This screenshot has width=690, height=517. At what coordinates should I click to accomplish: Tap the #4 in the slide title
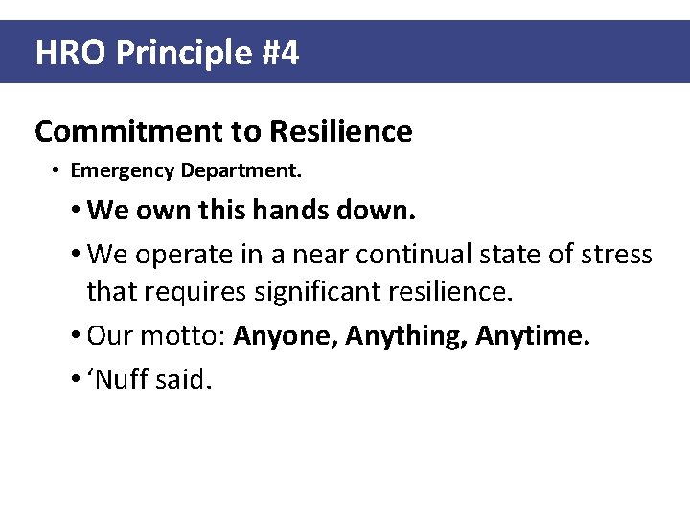pyautogui.click(x=279, y=53)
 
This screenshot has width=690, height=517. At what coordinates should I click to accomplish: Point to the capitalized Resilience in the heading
pyautogui.click(x=341, y=131)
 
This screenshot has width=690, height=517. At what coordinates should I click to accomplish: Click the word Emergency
pyautogui.click(x=117, y=171)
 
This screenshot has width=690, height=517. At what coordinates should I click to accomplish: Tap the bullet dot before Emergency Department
pyautogui.click(x=57, y=171)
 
